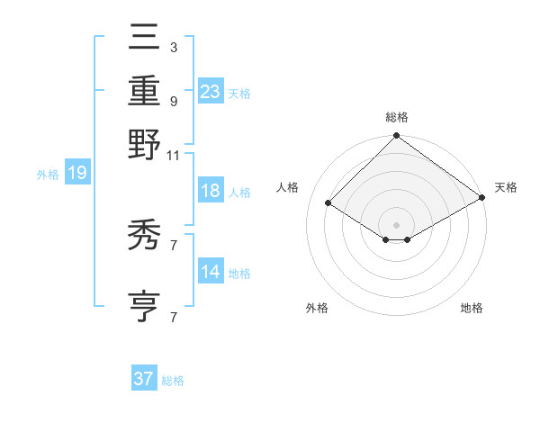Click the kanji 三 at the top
144,38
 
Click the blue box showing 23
211,91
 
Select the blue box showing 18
211,191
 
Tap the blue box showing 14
211,272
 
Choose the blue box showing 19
76,174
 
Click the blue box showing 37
144,379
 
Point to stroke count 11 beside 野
174,155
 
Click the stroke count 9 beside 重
174,101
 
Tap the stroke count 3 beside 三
174,47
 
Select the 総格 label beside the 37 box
173,381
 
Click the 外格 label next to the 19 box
48,175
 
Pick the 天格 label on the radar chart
506,187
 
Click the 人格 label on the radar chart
288,187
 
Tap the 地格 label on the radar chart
472,308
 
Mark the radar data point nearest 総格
396,137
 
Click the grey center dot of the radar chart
396,223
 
